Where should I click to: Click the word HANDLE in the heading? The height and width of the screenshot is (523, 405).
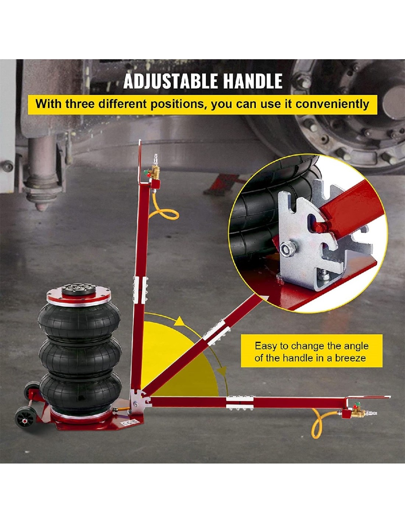(x=253, y=81)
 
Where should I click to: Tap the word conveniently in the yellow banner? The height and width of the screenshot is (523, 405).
(x=332, y=104)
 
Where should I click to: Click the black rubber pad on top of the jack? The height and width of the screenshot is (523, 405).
(x=80, y=289)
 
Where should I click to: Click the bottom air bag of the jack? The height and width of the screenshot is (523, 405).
(x=81, y=391)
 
